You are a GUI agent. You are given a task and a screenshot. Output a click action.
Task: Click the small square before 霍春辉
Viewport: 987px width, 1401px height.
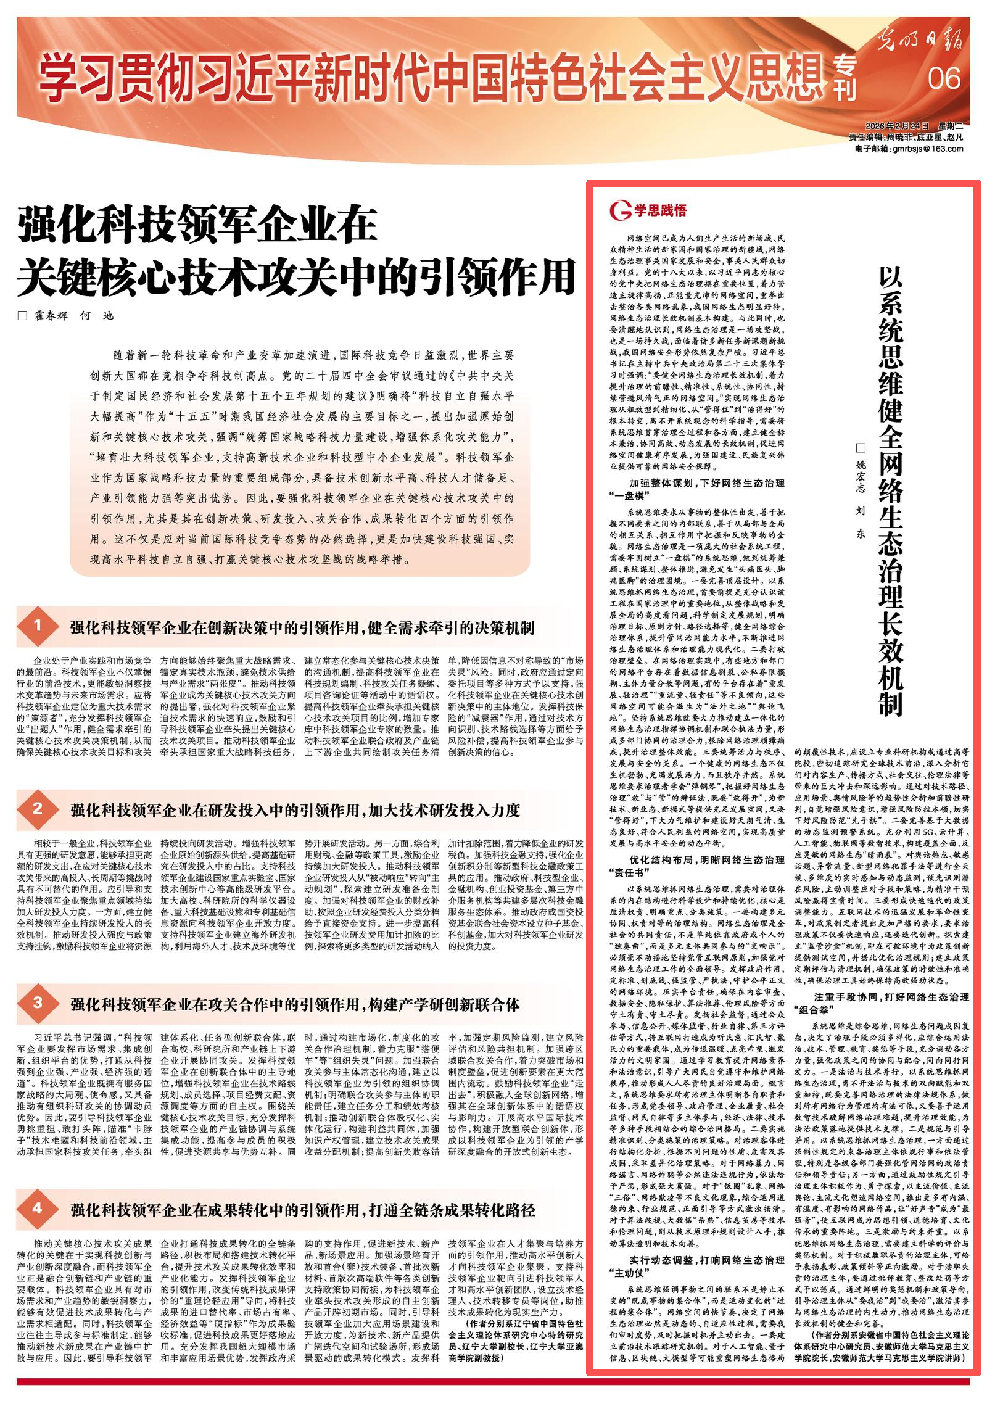coord(23,316)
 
